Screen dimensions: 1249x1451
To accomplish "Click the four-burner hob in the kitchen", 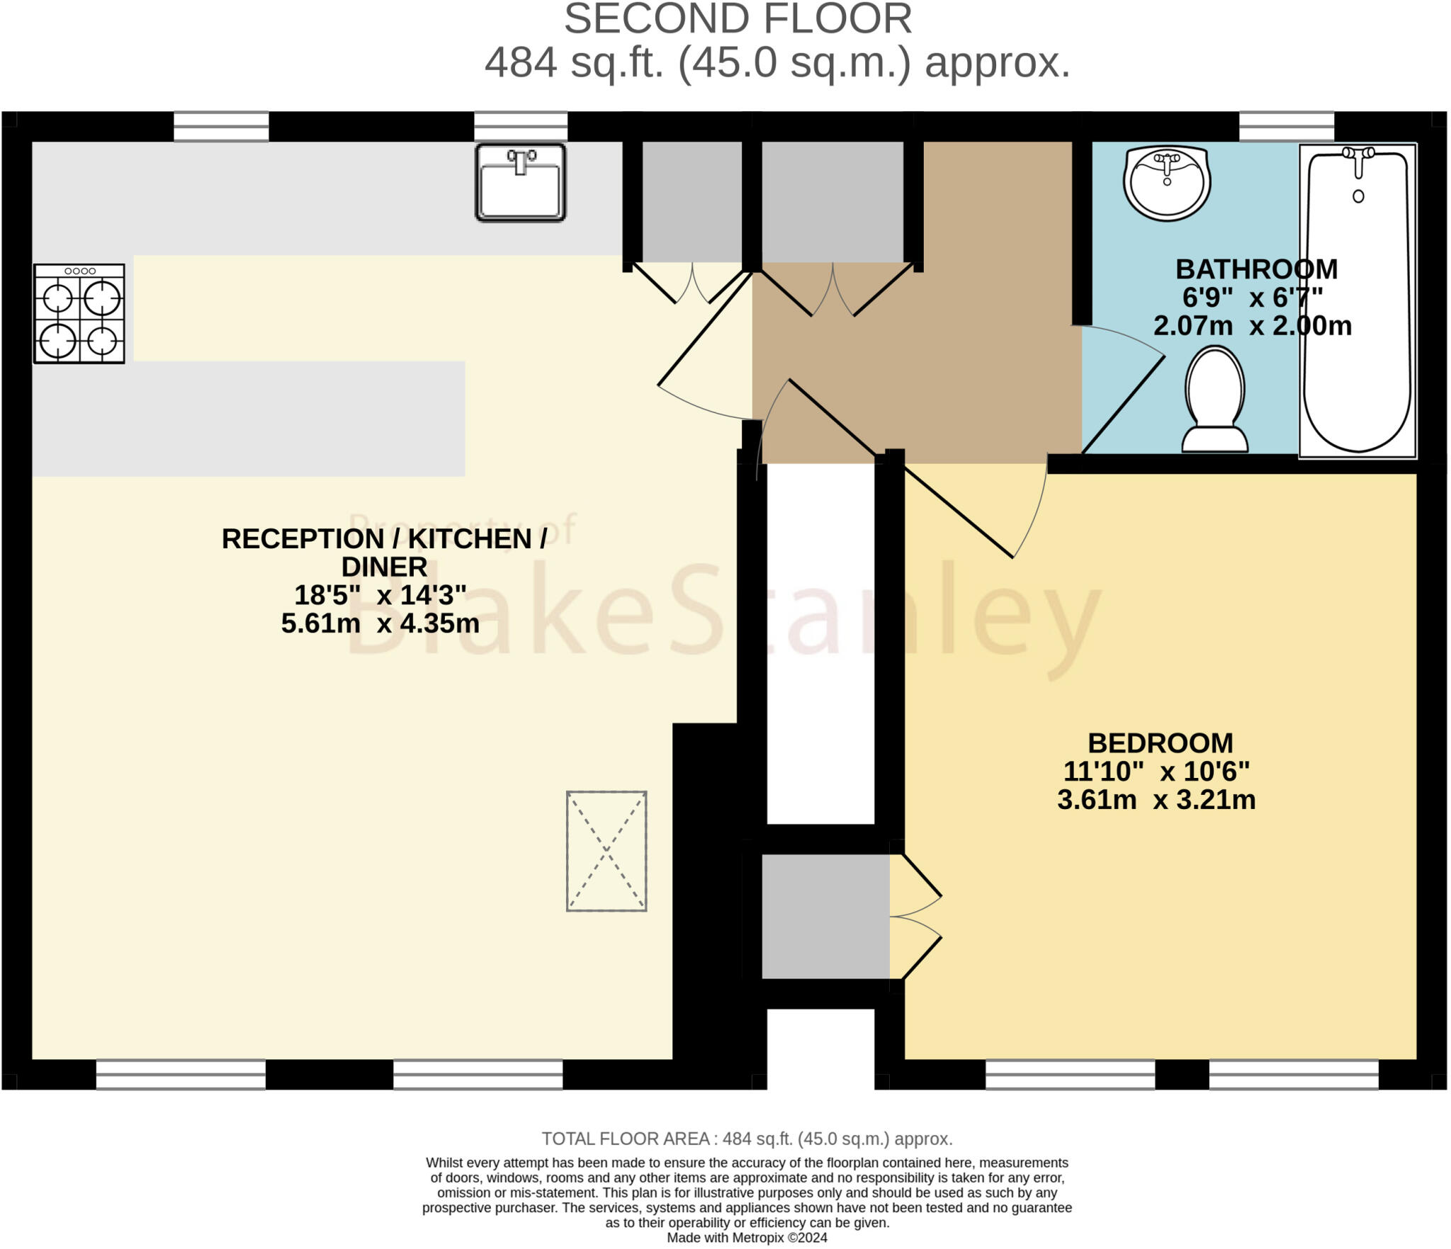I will click(x=79, y=314).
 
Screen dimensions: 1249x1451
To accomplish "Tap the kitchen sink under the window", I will click(x=520, y=182).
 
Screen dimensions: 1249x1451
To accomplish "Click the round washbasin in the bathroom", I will click(x=1166, y=182).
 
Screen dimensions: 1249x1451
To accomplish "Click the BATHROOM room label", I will click(x=1256, y=269).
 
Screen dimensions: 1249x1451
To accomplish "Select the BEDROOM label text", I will click(x=1160, y=743).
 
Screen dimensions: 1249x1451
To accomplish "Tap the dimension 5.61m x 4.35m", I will click(x=380, y=623).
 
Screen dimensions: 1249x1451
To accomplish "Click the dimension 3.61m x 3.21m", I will click(x=1156, y=800).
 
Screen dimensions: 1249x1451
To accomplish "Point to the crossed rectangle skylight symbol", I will click(x=606, y=851).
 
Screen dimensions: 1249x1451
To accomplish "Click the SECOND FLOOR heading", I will click(x=738, y=19).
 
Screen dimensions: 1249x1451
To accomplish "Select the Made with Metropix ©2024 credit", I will click(x=747, y=1238).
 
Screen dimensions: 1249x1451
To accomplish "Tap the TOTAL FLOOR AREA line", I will click(x=747, y=1138).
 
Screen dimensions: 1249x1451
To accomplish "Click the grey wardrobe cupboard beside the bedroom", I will click(x=825, y=917).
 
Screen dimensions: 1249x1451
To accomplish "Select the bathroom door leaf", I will click(x=1124, y=404).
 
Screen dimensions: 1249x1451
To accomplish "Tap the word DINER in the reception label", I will click(x=384, y=567).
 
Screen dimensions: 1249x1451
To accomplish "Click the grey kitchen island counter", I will click(x=248, y=418).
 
